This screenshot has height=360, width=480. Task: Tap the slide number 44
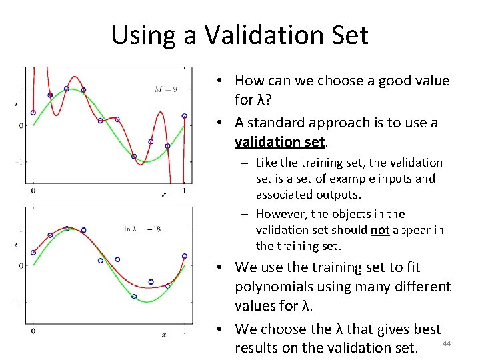447,343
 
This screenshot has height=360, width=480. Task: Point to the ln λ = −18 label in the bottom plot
143,229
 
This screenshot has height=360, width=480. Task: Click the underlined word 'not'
380,230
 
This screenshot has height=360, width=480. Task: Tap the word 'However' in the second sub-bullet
280,214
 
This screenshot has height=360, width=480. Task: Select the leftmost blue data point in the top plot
33,113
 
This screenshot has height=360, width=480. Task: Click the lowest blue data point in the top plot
134,157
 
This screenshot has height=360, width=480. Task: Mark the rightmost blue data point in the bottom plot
185,256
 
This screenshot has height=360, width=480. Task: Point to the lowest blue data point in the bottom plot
134,297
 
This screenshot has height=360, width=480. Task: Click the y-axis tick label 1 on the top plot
21,89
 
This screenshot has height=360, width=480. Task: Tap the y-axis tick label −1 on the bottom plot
19,302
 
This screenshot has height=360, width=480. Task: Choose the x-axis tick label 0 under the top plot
33,191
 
